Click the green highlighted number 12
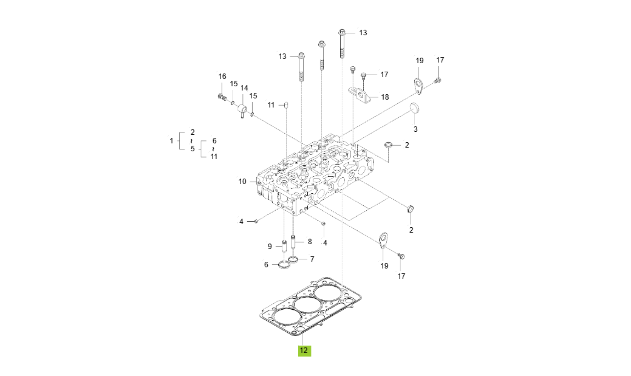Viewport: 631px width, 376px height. click(304, 350)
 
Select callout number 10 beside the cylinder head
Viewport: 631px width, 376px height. click(242, 182)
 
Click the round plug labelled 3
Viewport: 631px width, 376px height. click(415, 109)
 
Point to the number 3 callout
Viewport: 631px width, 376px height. click(415, 129)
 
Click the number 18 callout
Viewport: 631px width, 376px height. click(385, 97)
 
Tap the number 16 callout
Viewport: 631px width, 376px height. click(222, 77)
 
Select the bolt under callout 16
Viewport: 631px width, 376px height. click(222, 97)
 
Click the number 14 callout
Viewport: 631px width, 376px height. click(244, 88)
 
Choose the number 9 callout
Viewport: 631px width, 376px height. click(270, 246)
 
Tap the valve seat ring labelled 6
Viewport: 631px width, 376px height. click(282, 265)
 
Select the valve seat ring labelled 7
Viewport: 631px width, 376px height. click(295, 260)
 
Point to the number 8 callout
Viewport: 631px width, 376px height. click(309, 241)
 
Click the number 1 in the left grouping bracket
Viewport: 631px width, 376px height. click(171, 140)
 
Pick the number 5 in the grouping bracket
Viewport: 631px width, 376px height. click(193, 148)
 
